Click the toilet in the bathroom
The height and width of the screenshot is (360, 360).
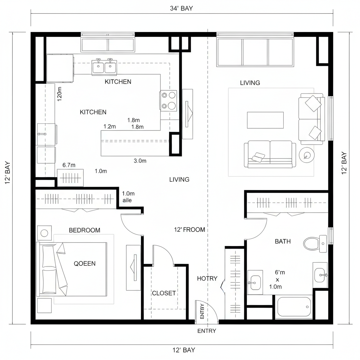pyautogui.click(x=311, y=243)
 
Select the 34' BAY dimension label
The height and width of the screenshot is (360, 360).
pyautogui.click(x=181, y=8)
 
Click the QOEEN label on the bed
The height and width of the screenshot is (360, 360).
pyautogui.click(x=84, y=264)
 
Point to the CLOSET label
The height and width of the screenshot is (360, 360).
pyautogui.click(x=164, y=293)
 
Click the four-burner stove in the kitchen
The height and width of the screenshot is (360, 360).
pyautogui.click(x=168, y=101)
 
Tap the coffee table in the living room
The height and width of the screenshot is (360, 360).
pyautogui.click(x=265, y=120)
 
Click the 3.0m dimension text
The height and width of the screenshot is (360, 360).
pyautogui.click(x=140, y=161)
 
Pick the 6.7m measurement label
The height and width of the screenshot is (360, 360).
pyautogui.click(x=69, y=165)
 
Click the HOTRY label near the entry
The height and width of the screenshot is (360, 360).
pyautogui.click(x=207, y=278)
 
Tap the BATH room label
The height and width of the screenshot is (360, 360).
pyautogui.click(x=283, y=242)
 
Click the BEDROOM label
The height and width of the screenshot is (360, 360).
pyautogui.click(x=84, y=231)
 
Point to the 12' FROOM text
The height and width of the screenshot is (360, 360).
pyautogui.click(x=189, y=230)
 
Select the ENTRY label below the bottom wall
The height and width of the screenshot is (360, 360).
pyautogui.click(x=207, y=331)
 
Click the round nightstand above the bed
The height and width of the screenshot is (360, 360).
pyautogui.click(x=44, y=233)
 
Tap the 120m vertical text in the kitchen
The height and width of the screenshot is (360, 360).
pyautogui.click(x=59, y=94)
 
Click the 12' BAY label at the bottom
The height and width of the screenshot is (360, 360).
pyautogui.click(x=181, y=350)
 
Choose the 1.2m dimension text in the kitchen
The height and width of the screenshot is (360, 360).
pyautogui.click(x=110, y=127)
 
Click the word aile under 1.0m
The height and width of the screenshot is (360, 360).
pyautogui.click(x=127, y=200)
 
